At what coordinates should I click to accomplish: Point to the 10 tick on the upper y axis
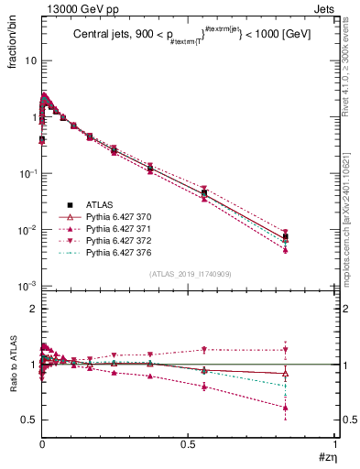(x=30, y=60)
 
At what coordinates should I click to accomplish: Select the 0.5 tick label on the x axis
(x=189, y=443)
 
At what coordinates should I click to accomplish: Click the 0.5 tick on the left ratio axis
(x=29, y=420)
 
